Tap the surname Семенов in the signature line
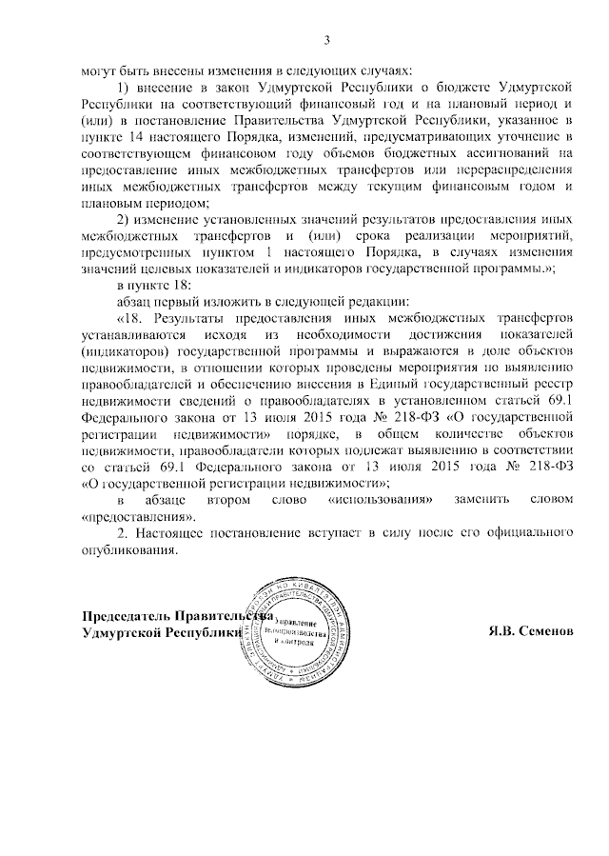(546, 633)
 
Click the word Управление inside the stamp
(301, 622)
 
